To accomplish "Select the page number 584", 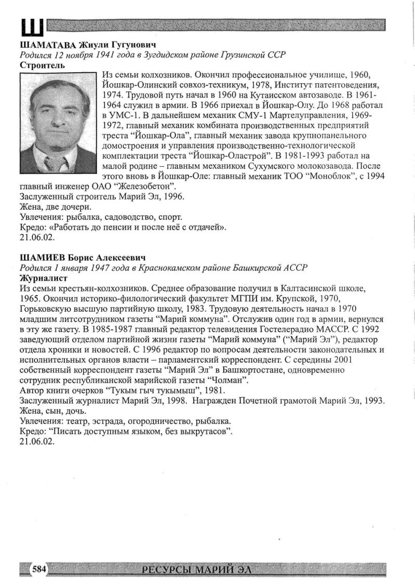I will click(39, 570).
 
